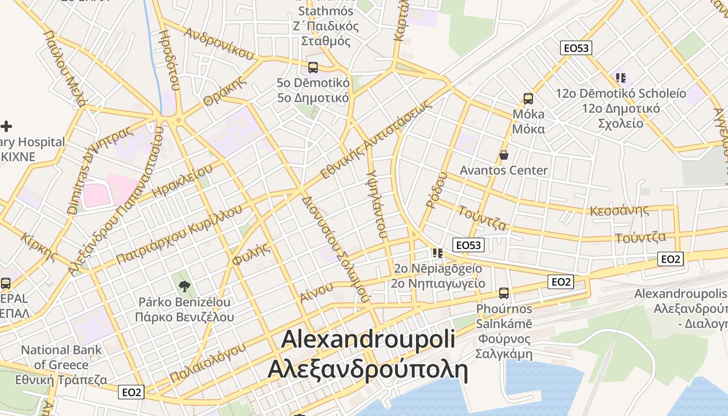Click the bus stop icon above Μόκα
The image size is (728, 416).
coord(528,98)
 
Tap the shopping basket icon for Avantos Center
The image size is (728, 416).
coord(503,155)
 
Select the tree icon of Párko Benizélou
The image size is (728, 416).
coord(184,285)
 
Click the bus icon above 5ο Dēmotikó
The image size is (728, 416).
coord(313,67)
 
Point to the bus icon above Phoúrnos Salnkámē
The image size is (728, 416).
coord(503,293)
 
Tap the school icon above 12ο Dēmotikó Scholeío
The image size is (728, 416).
coord(620,78)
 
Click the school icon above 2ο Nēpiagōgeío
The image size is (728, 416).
coord(437,253)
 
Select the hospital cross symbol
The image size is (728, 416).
coord(6,126)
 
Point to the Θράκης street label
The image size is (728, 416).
coord(224,91)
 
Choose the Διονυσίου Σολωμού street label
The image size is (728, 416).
coord(335,249)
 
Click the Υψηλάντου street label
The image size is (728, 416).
coord(376,203)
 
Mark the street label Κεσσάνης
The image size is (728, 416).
coord(619,211)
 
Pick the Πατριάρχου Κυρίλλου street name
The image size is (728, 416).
coord(179,234)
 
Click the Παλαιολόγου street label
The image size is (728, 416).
coord(207,362)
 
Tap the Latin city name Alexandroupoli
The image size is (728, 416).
coord(368,339)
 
